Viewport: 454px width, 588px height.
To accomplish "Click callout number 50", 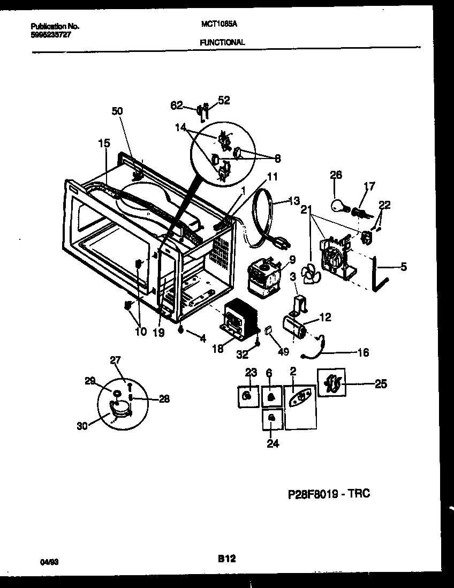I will click(x=117, y=111).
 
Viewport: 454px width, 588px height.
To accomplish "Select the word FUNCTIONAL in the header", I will click(x=222, y=42).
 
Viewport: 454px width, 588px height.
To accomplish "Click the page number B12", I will click(x=226, y=559).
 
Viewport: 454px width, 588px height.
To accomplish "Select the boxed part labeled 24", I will click(x=272, y=418).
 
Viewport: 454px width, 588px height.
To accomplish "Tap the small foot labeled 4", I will click(x=181, y=330).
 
